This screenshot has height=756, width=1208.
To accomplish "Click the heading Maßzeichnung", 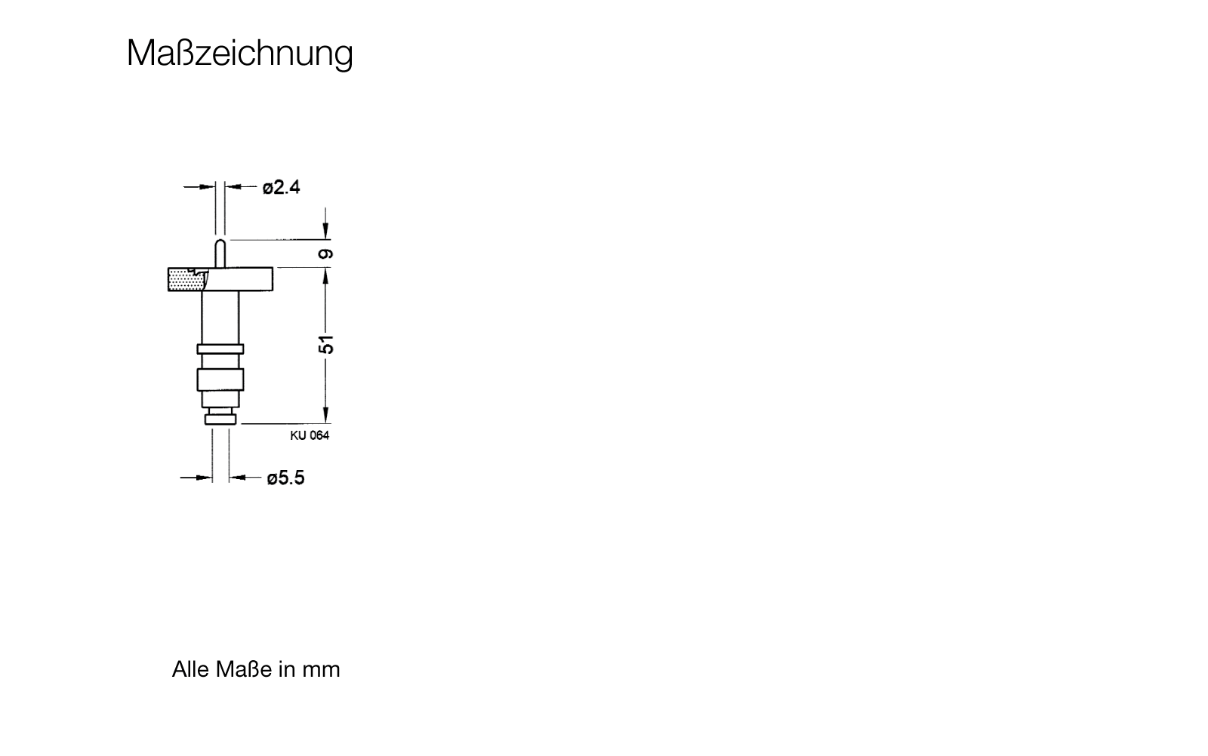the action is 240,54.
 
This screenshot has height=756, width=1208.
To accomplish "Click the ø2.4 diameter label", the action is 281,188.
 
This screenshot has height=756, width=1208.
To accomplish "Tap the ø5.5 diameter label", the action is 285,478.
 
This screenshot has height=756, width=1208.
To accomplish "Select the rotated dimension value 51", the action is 325,344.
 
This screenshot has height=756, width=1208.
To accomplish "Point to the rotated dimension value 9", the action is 325,254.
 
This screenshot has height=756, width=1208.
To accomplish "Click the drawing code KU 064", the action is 310,435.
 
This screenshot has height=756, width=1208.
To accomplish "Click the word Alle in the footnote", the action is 191,669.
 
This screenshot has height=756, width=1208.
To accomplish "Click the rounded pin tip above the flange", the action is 220,254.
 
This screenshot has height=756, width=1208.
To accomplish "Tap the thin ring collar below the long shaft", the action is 220,349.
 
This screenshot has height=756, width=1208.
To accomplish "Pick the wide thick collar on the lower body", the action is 220,380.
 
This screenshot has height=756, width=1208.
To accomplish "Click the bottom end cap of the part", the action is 220,419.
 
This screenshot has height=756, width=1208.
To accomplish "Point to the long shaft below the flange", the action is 220,318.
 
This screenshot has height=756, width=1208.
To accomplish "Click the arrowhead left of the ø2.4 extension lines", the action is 208,187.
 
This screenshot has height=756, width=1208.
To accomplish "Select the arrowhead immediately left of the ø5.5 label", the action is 237,478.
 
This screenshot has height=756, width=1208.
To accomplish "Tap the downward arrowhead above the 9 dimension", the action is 325,232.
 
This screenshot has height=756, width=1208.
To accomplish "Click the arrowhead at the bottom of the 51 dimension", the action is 325,416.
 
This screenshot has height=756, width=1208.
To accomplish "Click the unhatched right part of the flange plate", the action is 245,279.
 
